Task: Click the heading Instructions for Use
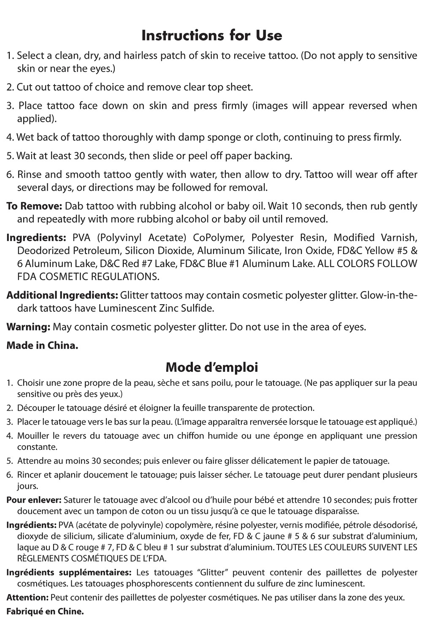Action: (x=211, y=35)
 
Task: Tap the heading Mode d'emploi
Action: (x=211, y=367)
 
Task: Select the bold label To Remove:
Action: (x=34, y=206)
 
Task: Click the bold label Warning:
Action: (x=29, y=327)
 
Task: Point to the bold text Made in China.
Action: (x=42, y=345)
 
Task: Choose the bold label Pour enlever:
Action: (x=34, y=500)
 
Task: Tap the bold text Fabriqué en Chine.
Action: (x=45, y=611)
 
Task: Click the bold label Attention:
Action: (x=27, y=598)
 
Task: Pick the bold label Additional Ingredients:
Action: (x=62, y=295)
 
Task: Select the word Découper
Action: (x=35, y=408)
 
